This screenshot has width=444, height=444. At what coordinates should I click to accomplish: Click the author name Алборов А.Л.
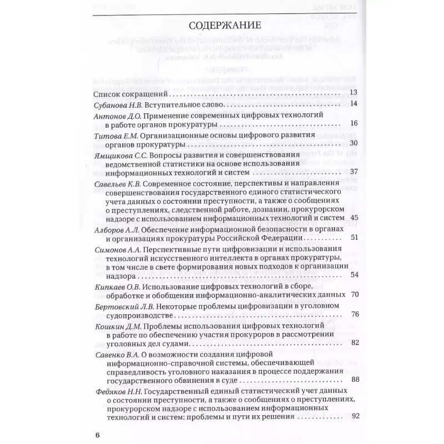point(113,230)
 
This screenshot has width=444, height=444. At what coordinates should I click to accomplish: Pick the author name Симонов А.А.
point(113,251)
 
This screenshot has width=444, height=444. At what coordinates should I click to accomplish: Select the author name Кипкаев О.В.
point(113,287)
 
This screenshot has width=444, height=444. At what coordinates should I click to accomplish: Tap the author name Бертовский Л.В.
point(119,307)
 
